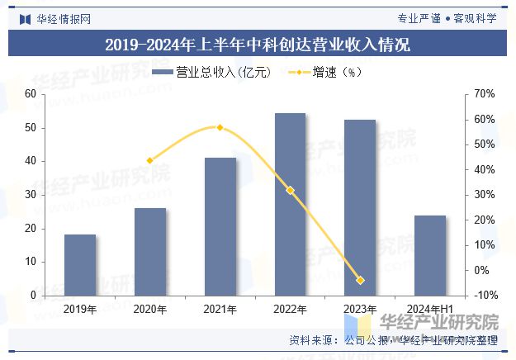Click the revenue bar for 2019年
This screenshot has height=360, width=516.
80,264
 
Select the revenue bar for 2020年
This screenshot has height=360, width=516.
150,251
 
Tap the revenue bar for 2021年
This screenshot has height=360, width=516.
220,226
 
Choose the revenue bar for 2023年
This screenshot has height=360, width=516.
360,207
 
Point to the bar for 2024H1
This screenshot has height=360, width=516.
429,255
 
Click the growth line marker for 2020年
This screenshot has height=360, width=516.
150,161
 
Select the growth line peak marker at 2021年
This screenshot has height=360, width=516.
220,127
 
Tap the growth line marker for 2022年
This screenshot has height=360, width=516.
290,190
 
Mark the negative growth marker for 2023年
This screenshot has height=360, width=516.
360,281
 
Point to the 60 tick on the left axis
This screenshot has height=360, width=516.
31,94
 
